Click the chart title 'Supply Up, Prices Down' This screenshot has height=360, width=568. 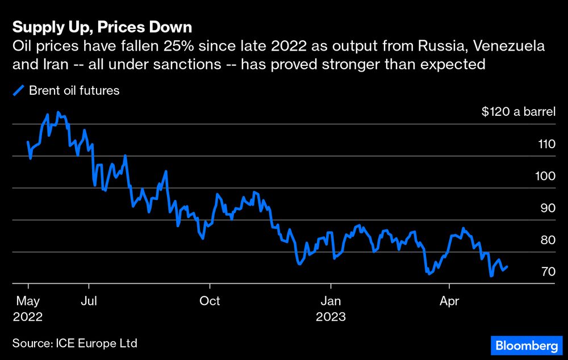102,27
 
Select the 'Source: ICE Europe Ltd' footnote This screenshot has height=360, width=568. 74,343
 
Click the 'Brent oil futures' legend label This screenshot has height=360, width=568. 74,91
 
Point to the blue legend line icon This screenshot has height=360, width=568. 19,91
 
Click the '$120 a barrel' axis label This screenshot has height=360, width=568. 518,112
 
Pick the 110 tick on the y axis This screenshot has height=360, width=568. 546,144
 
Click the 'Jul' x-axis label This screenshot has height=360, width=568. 89,300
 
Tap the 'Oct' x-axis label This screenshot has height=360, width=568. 210,300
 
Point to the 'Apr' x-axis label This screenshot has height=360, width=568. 449,300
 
